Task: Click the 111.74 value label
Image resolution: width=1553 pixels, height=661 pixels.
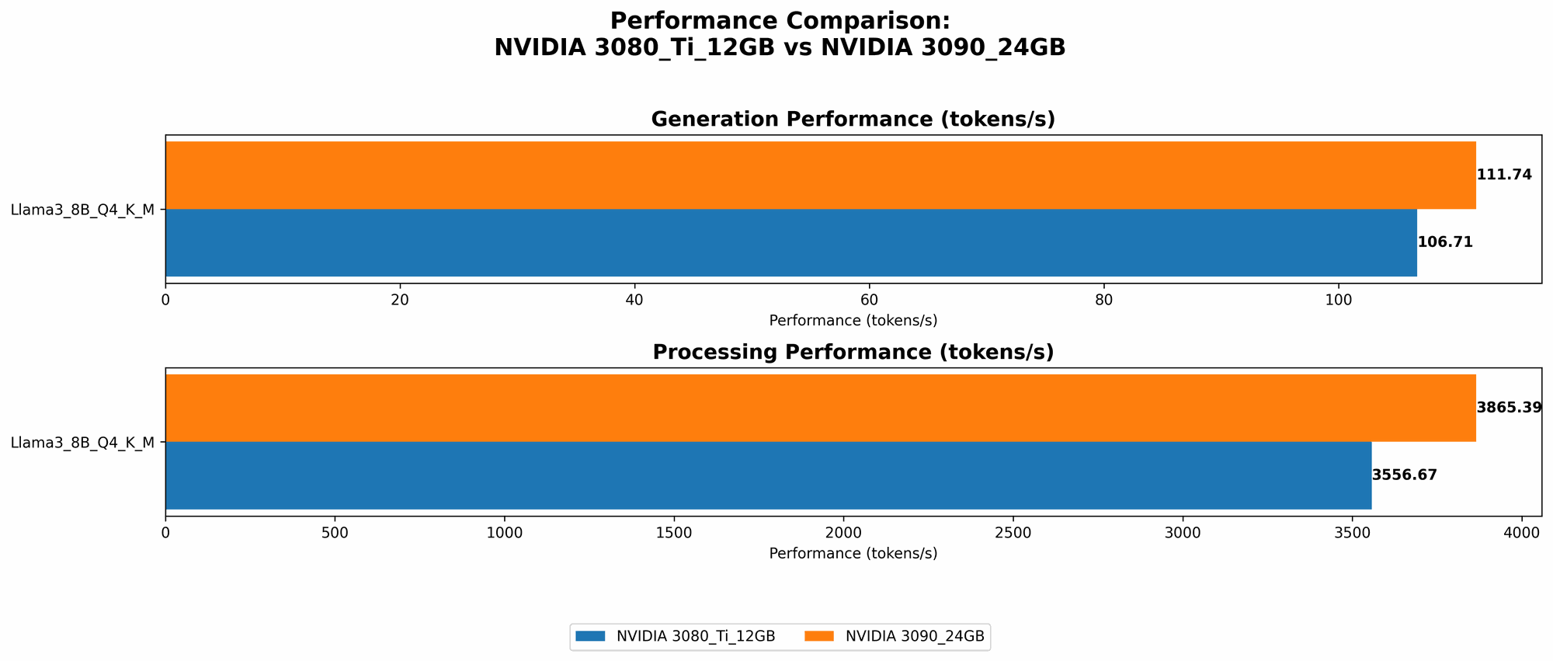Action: pos(1504,175)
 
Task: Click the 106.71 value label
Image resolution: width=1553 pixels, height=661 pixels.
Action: pos(1445,242)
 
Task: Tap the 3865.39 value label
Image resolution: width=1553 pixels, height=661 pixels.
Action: pos(1509,408)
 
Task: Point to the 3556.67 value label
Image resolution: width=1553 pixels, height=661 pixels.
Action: pos(1405,475)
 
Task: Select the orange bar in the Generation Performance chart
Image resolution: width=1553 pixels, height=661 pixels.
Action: pos(820,175)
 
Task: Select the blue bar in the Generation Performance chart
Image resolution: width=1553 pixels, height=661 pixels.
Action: pos(790,242)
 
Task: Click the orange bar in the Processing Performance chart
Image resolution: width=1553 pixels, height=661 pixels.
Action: pos(820,408)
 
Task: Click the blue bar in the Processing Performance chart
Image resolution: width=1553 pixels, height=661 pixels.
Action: pos(768,475)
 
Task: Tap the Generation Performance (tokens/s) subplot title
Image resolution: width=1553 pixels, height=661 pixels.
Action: pos(853,120)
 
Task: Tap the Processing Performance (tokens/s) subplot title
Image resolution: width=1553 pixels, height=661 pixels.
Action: pos(853,353)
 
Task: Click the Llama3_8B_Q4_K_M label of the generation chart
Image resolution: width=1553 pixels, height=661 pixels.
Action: pos(82,209)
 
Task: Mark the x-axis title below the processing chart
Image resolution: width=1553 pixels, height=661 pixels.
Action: pos(853,554)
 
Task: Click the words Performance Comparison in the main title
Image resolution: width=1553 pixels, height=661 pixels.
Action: pos(779,21)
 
